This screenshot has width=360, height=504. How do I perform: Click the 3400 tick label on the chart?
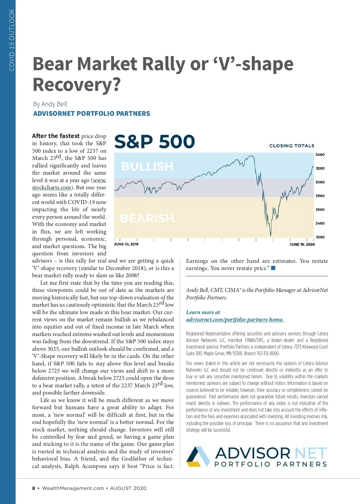click(x=320, y=155)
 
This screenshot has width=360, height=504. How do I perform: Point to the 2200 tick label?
click(x=320, y=237)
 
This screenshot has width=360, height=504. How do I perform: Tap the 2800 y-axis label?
click(x=320, y=196)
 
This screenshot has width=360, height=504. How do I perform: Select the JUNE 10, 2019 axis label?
click(x=126, y=244)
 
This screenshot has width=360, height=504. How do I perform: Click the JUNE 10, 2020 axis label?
click(x=302, y=244)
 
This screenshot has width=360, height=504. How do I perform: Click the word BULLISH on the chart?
click(x=147, y=166)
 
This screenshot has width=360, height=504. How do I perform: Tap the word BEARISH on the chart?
click(x=147, y=218)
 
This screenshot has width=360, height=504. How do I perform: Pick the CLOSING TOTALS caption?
click(x=292, y=146)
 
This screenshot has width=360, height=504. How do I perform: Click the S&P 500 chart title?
click(x=154, y=142)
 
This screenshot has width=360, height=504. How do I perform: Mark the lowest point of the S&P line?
click(x=271, y=236)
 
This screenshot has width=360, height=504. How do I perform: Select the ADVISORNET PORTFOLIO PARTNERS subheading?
click(x=91, y=114)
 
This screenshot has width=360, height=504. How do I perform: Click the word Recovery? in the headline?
click(x=76, y=85)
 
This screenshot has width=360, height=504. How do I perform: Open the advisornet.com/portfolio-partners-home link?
click(x=235, y=319)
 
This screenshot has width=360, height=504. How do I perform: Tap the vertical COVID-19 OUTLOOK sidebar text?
click(x=12, y=40)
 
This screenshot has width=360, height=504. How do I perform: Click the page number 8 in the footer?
click(x=34, y=488)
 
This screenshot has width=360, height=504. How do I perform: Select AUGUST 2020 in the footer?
click(x=128, y=488)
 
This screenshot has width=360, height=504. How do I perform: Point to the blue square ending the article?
click(x=273, y=268)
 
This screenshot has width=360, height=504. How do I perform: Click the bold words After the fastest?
click(x=56, y=136)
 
